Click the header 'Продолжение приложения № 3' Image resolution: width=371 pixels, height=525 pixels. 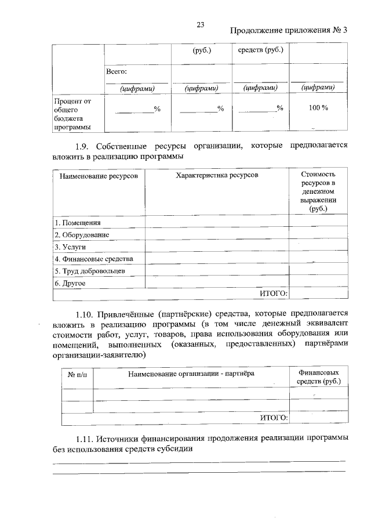(288, 31)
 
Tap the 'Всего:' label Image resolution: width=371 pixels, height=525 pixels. (116, 71)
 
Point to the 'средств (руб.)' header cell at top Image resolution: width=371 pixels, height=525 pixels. (261, 50)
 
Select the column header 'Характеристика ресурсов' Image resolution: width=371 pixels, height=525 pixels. (217, 175)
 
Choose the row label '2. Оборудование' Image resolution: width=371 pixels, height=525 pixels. (82, 234)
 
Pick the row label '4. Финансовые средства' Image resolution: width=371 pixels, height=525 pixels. (94, 259)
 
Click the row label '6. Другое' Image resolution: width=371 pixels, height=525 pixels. (70, 283)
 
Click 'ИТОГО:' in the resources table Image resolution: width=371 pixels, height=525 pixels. (273, 294)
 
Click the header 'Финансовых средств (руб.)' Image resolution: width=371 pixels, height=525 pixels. (318, 377)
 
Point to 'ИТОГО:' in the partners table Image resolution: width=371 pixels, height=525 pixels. (273, 417)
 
